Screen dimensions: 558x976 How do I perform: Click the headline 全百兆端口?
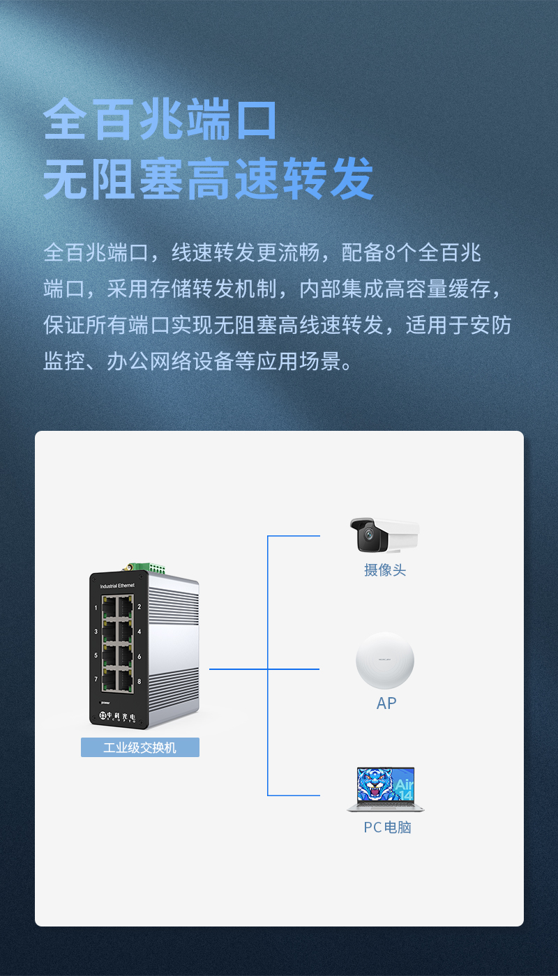160,119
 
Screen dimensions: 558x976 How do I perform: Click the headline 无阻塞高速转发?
209,179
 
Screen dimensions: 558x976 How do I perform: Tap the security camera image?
384,535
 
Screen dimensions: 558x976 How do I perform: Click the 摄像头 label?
385,570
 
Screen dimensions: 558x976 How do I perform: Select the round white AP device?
385,660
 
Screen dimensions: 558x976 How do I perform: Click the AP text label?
386,703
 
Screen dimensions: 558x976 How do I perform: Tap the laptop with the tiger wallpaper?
386,789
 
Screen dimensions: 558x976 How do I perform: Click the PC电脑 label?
388,827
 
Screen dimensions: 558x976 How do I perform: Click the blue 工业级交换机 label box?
140,747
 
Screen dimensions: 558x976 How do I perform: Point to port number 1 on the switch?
96,608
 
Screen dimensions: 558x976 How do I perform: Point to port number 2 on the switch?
139,607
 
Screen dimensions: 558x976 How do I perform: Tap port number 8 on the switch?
139,682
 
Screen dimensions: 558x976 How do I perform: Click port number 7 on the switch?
96,679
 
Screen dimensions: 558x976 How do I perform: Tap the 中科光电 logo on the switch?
118,717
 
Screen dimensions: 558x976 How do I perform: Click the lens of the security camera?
369,533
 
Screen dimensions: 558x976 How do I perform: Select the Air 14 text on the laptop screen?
404,789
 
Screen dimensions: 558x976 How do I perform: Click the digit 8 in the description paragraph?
390,252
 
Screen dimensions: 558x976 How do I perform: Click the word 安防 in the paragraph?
491,325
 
